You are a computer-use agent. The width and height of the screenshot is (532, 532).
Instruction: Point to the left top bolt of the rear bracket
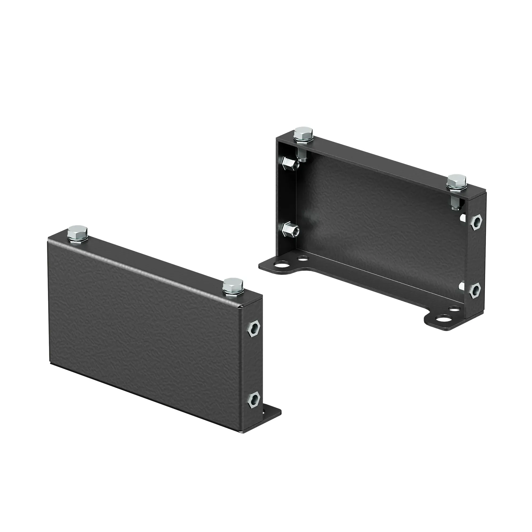click(303, 135)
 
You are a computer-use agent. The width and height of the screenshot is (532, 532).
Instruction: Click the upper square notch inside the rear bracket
click(463, 217)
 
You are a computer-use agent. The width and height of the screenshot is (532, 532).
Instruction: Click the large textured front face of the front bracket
click(143, 325)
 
